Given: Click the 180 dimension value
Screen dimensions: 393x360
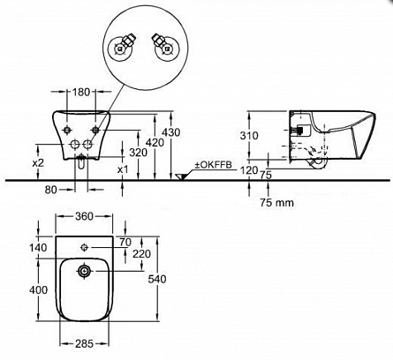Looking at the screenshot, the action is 80,92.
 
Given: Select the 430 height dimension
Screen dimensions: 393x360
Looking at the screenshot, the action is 171,132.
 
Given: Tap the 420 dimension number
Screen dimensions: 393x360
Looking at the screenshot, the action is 155,143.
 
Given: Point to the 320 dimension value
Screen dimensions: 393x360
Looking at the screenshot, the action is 139,153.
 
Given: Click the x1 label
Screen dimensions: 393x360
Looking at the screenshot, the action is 123,169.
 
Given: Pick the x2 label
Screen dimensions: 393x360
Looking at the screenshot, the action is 38,162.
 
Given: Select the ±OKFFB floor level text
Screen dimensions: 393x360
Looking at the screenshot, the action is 213,165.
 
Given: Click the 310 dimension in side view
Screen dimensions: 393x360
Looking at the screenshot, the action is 249,136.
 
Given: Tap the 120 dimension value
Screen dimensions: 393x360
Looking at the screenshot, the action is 249,170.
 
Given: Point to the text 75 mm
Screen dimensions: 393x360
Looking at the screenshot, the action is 276,202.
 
